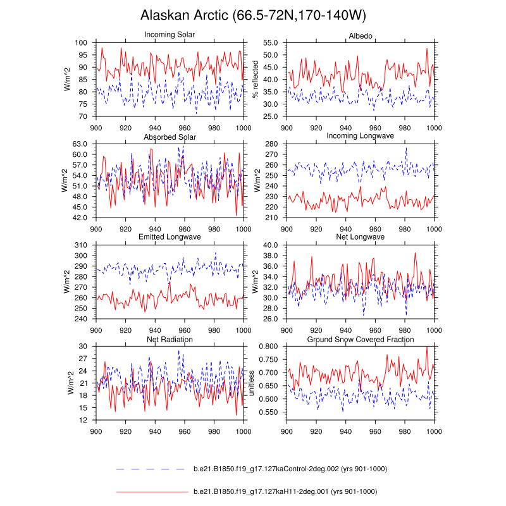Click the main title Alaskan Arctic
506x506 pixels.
click(x=253, y=15)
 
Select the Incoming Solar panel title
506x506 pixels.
click(x=170, y=34)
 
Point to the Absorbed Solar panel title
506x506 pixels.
click(x=170, y=137)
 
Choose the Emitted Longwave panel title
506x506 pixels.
click(x=170, y=237)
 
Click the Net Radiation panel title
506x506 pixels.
click(x=170, y=339)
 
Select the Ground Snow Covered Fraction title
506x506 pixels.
click(x=360, y=339)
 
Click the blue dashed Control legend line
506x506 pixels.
click(x=152, y=469)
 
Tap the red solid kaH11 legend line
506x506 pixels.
click(x=152, y=491)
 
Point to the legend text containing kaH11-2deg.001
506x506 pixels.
click(x=285, y=491)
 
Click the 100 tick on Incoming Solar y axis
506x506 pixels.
click(x=81, y=42)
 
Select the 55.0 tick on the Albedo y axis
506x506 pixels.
click(x=271, y=42)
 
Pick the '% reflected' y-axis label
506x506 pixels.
click(x=256, y=80)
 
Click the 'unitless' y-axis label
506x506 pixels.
click(x=251, y=383)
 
